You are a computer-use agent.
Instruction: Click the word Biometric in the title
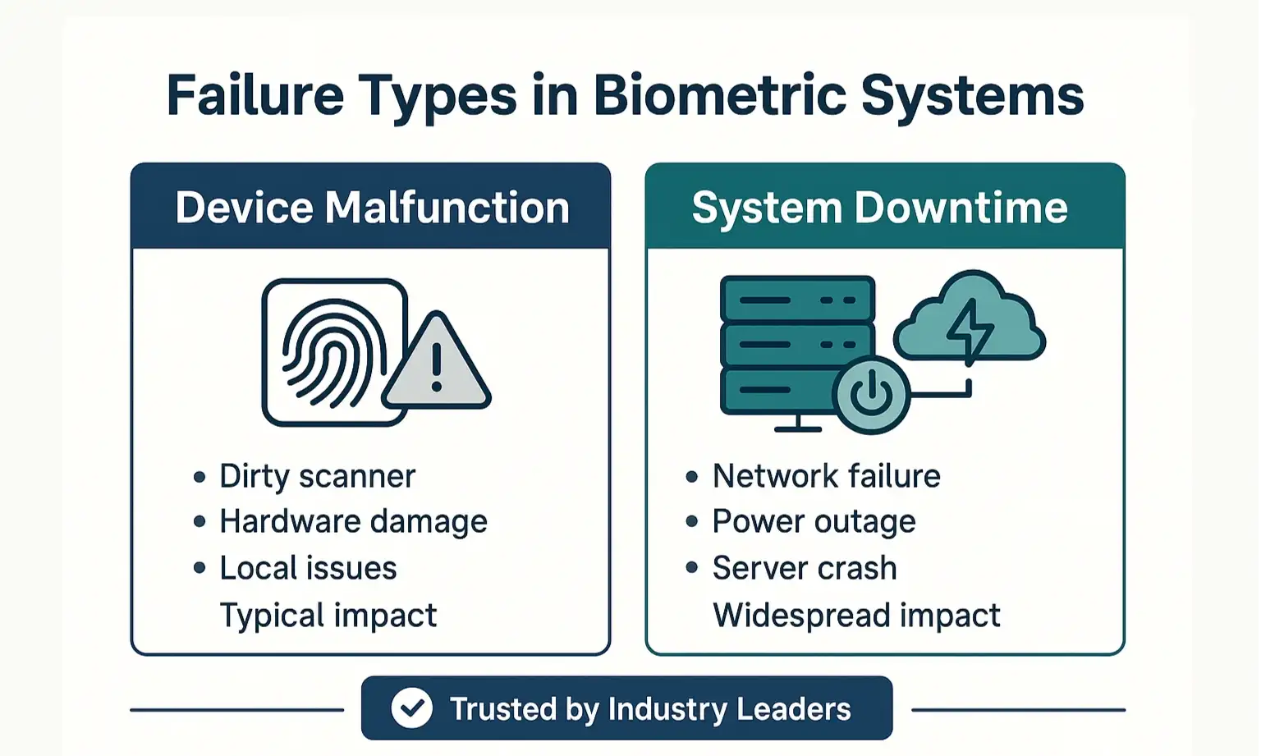(x=719, y=95)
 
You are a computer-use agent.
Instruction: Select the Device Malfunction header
(x=372, y=207)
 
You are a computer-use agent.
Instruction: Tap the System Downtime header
(x=879, y=207)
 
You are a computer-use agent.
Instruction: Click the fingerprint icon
(x=333, y=353)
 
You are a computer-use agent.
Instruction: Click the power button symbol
(x=871, y=395)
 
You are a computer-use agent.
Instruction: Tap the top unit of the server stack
(x=797, y=299)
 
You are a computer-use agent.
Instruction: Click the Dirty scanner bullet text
(x=317, y=476)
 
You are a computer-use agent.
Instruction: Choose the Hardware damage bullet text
(x=353, y=522)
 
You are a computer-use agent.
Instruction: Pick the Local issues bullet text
(x=308, y=568)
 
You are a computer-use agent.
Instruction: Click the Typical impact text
(x=328, y=616)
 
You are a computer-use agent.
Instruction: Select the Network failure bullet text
(x=826, y=476)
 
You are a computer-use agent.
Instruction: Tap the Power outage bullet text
(x=814, y=522)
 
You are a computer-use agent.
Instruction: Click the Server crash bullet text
(x=805, y=568)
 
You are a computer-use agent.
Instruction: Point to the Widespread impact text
(x=856, y=616)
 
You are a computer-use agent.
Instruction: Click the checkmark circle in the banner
(x=411, y=708)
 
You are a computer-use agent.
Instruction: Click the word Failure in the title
(x=255, y=95)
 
